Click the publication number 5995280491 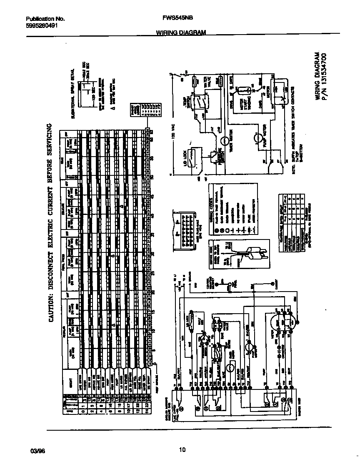click(x=41, y=25)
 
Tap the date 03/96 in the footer click(x=37, y=449)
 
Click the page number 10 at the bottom click(x=182, y=449)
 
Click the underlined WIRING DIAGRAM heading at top click(x=181, y=32)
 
